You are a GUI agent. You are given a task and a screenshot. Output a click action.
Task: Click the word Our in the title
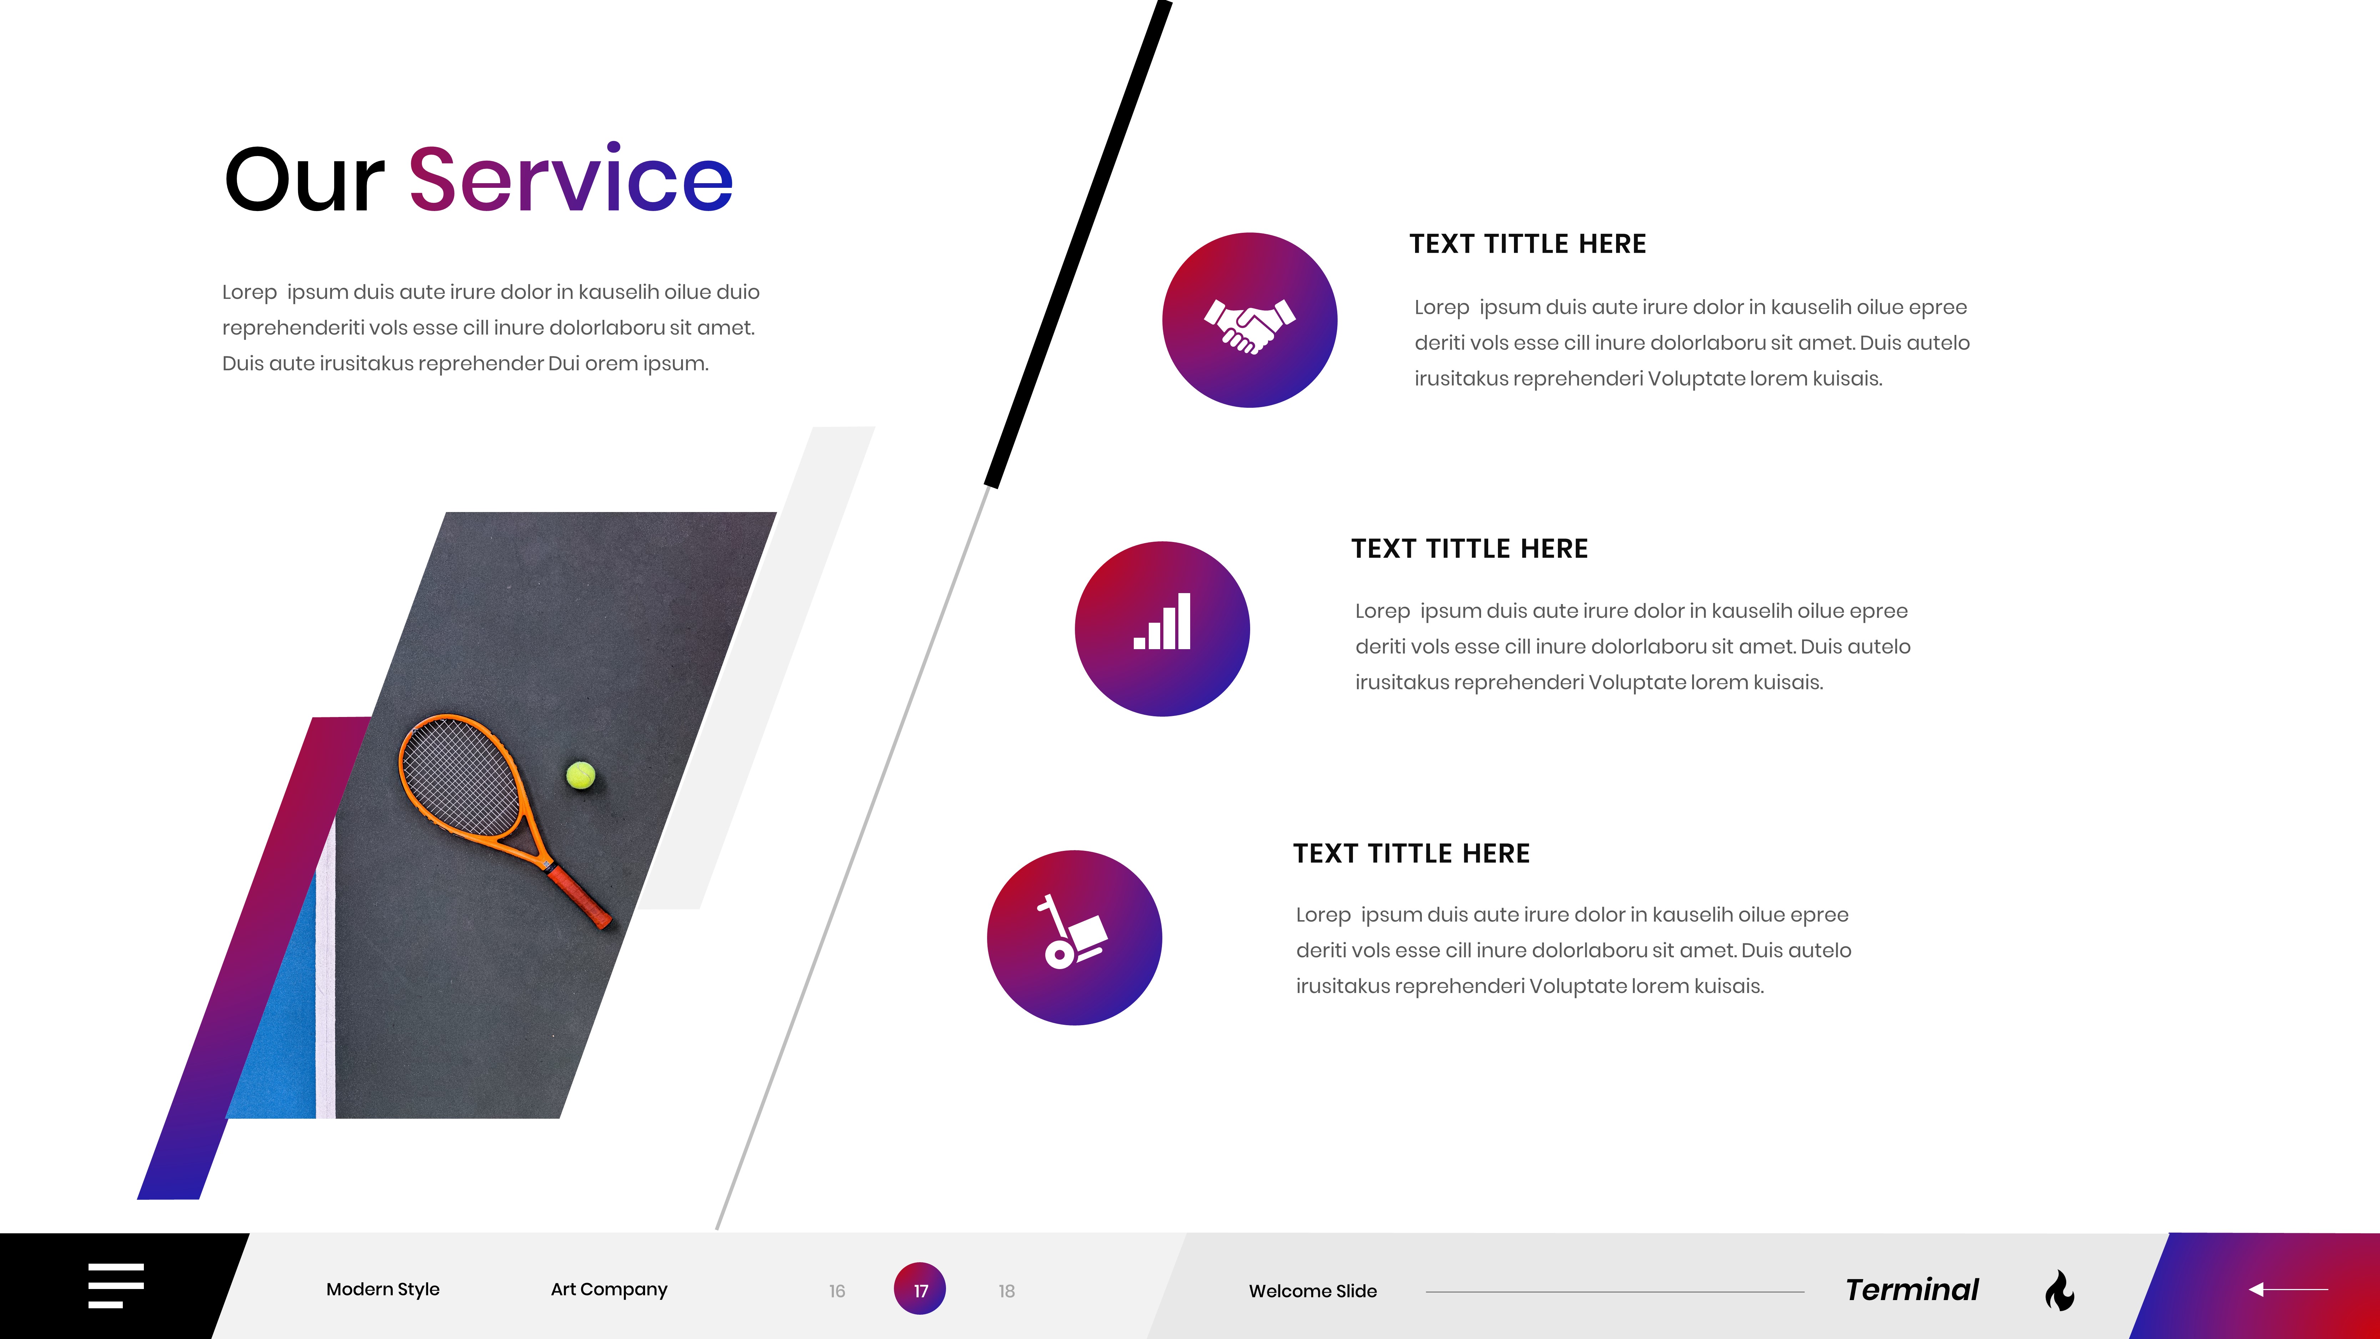[x=304, y=179]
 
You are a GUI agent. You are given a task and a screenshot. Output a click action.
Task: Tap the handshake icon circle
[x=1249, y=320]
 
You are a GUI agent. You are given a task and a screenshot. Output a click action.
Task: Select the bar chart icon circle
[x=1162, y=628]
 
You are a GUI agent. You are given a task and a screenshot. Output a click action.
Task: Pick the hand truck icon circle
[x=1075, y=937]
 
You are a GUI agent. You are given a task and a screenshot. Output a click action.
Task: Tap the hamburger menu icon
[x=116, y=1285]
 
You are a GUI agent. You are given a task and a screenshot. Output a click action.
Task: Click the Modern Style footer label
[x=382, y=1289]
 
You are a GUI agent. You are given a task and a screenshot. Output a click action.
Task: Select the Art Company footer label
[x=609, y=1289]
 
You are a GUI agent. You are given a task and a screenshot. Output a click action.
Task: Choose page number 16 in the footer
[x=837, y=1291]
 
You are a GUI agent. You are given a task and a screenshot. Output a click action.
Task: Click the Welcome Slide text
[x=1313, y=1291]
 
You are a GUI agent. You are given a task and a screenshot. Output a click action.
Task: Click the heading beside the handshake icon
[x=1527, y=244]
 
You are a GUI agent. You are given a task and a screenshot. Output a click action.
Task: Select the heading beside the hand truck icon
[x=1411, y=854]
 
